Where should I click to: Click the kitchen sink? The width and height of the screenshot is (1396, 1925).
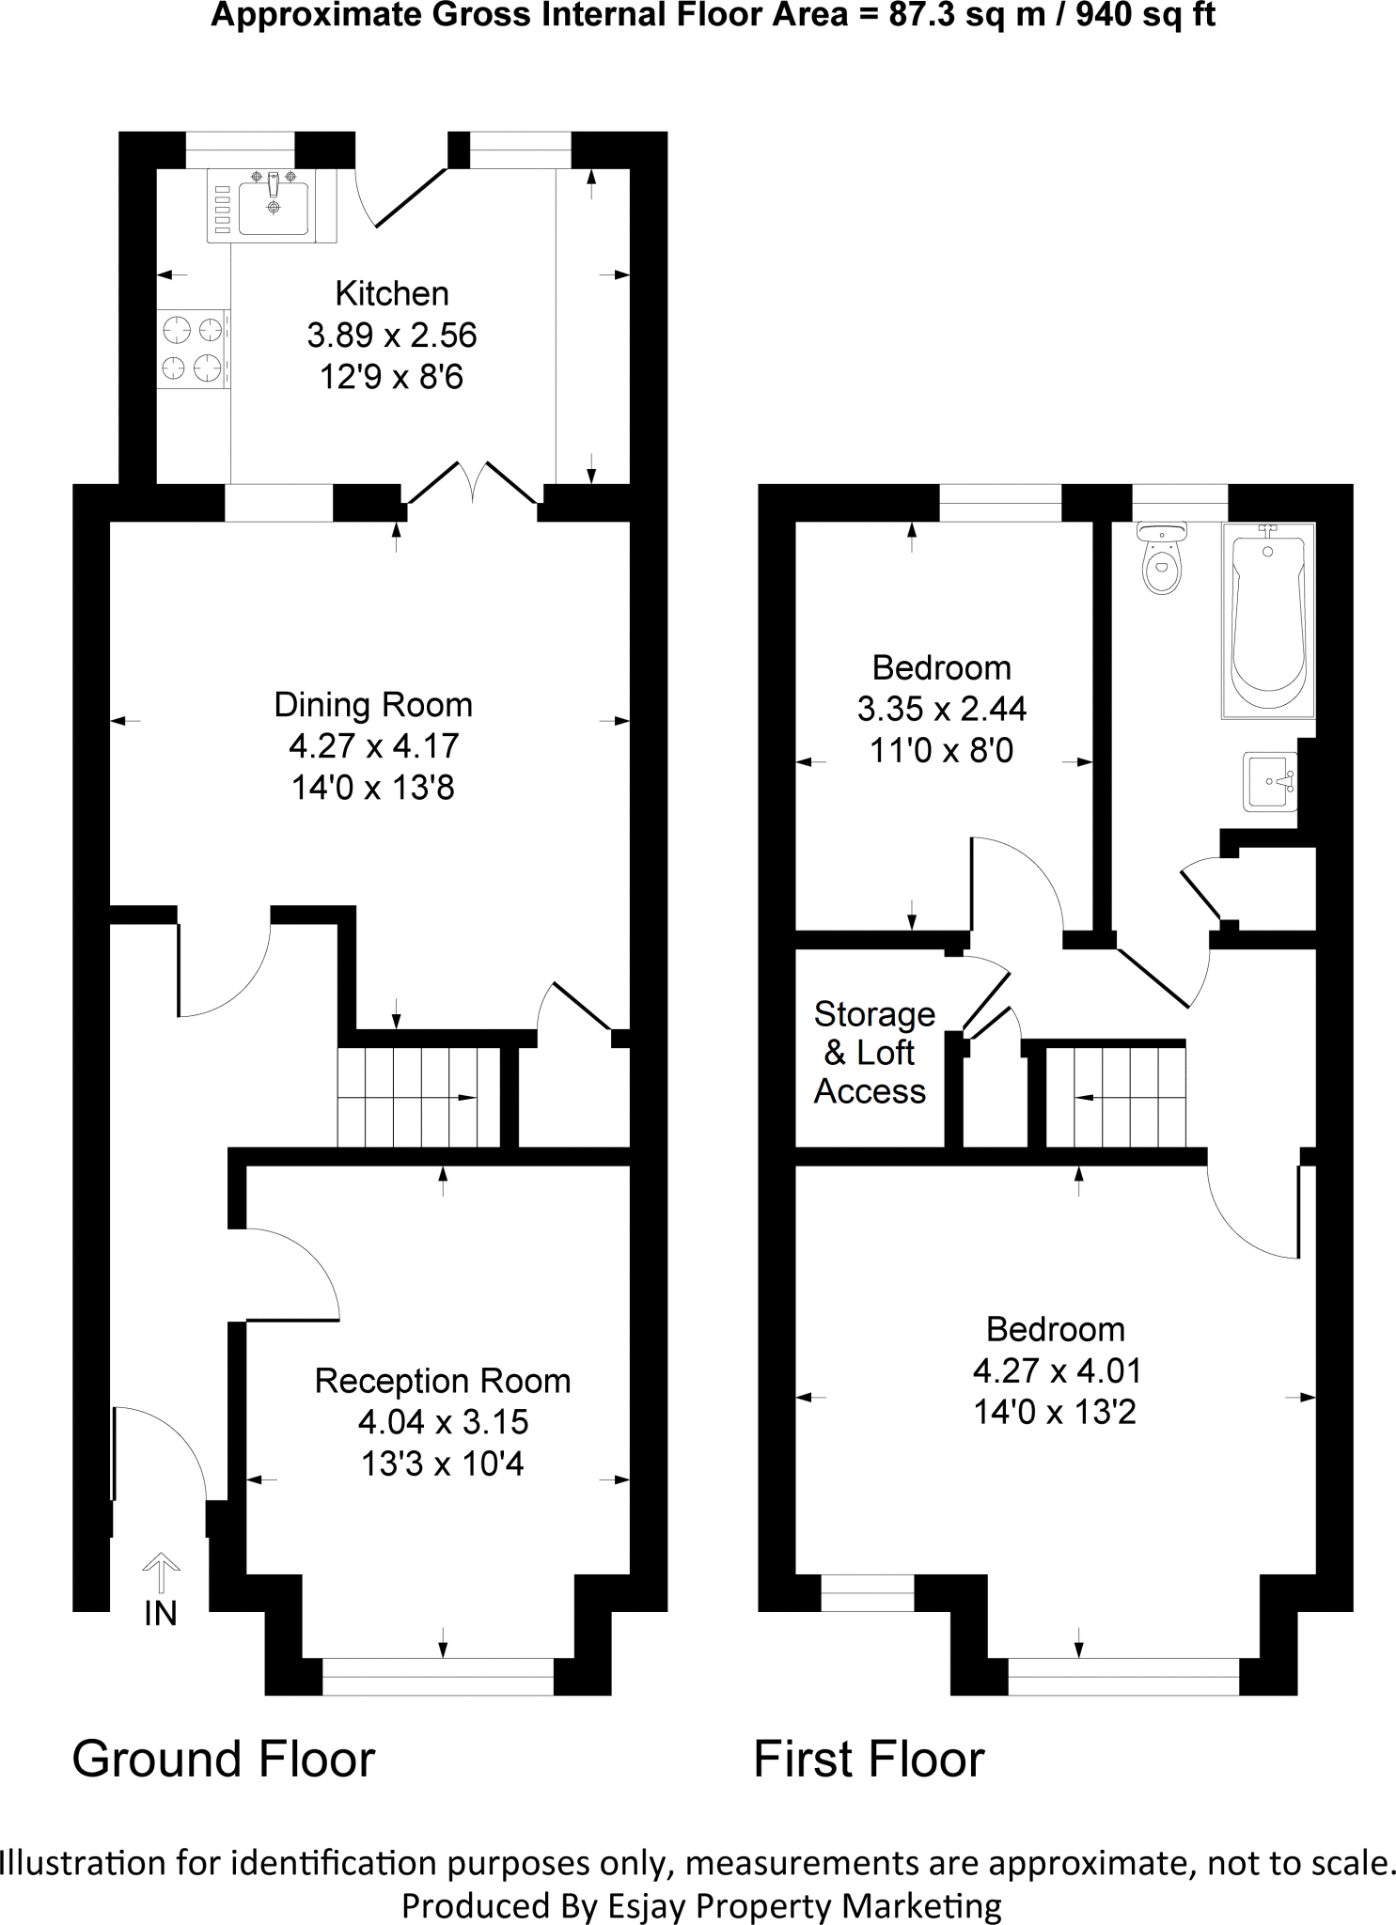point(273,206)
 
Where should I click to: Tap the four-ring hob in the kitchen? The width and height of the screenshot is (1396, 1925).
point(193,348)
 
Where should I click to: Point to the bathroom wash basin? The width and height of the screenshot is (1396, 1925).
point(1271,780)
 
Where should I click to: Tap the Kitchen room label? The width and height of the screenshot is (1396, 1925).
point(392,293)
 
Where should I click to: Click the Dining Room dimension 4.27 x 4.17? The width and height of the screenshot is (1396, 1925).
point(373,746)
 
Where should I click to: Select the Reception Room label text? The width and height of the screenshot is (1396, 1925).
point(443,1381)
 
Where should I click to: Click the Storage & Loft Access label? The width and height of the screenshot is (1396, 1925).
point(872,1053)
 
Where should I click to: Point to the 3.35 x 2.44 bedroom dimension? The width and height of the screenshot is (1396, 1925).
point(941,709)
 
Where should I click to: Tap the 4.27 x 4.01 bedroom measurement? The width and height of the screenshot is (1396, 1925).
point(1057,1370)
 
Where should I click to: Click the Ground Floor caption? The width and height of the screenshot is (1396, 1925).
point(224,1760)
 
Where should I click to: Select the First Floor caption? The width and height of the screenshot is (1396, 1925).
point(869,1760)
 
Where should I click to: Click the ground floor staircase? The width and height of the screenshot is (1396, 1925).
point(418,1097)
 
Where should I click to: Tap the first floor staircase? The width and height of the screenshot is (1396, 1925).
point(1116,1097)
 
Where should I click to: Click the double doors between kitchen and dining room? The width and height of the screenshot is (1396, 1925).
point(473,484)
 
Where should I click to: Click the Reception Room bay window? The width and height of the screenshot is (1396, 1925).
point(438,1677)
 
